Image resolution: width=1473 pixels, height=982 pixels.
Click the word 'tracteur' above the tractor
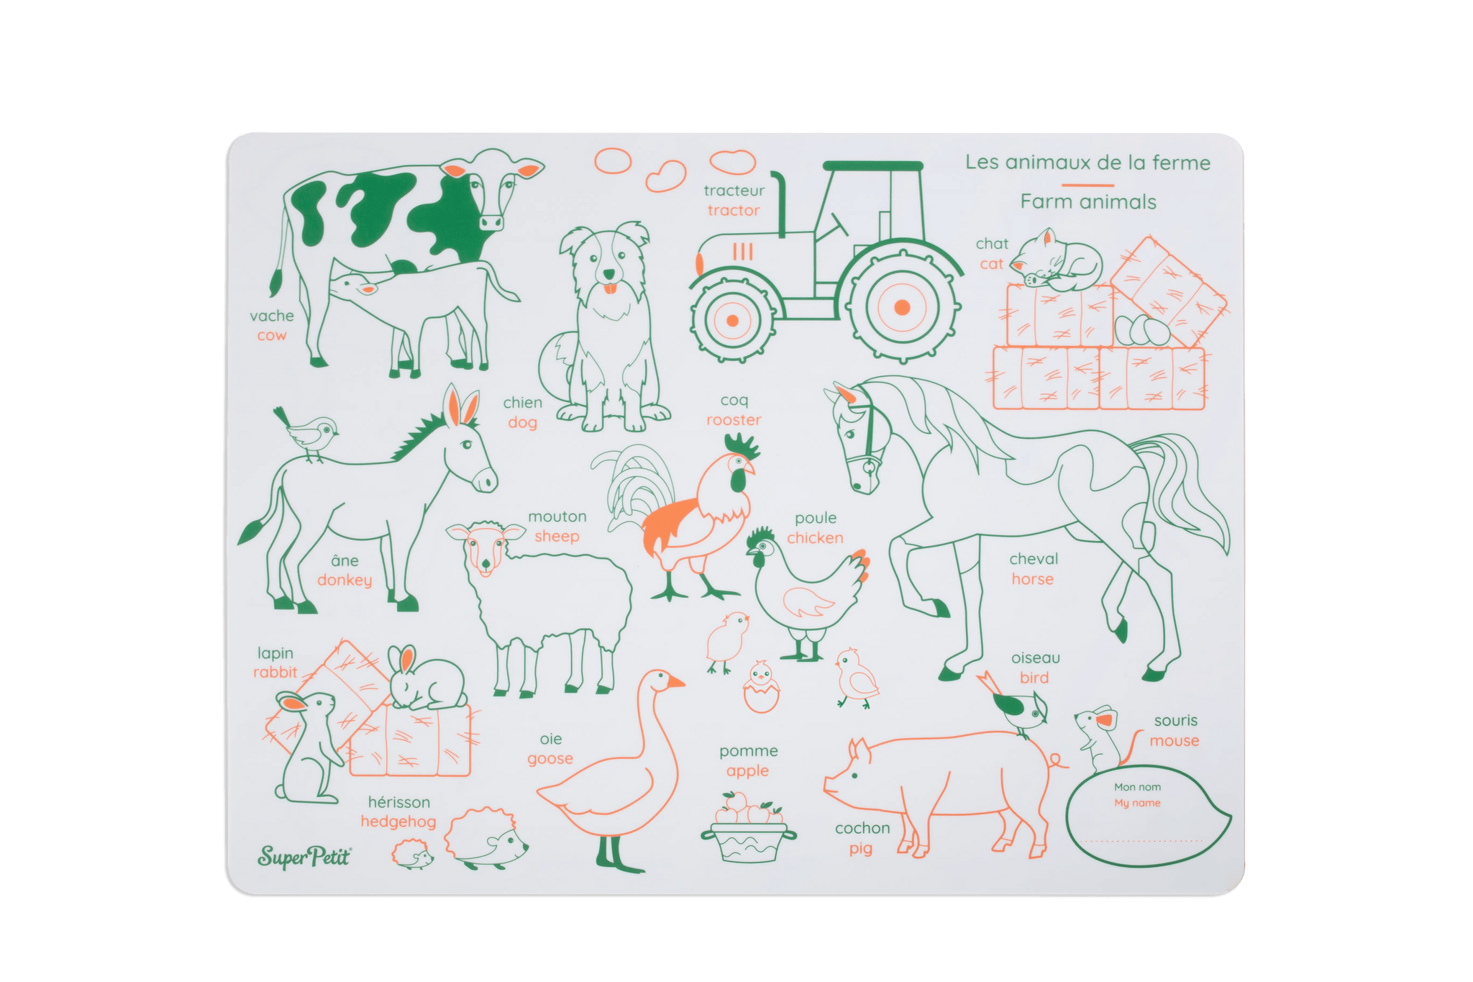pyautogui.click(x=734, y=191)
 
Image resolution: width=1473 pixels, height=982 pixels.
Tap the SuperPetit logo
pyautogui.click(x=304, y=856)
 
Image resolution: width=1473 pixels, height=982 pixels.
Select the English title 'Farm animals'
pyautogui.click(x=1087, y=202)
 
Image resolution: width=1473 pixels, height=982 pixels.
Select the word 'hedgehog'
pyautogui.click(x=398, y=822)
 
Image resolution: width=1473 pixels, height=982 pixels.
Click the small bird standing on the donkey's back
pyautogui.click(x=310, y=433)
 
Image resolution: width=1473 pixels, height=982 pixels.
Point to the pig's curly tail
pyautogui.click(x=1055, y=760)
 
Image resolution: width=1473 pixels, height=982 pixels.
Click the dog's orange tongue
pyautogui.click(x=609, y=289)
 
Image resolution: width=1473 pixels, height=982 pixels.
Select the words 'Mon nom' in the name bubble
pyautogui.click(x=1137, y=787)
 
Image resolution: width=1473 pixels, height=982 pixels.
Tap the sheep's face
pyautogui.click(x=485, y=549)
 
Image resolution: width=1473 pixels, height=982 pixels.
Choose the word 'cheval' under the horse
pyautogui.click(x=1033, y=559)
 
